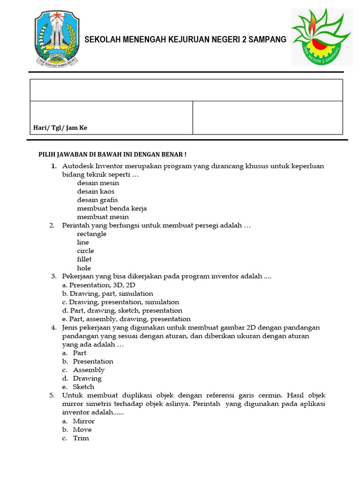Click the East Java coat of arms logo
coord(57,39)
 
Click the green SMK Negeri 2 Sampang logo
coord(320,37)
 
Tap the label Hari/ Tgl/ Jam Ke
coord(60,127)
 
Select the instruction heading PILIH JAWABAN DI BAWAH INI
coord(112,154)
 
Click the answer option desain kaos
coord(96,191)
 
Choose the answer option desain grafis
coord(97,200)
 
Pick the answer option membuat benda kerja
coord(112,208)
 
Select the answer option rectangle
coord(92,234)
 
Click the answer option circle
coord(85,251)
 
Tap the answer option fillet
coord(84,259)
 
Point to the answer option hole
coord(84,268)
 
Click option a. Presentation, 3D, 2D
coord(99,285)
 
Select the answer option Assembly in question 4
coord(89,370)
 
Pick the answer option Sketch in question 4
coord(83,387)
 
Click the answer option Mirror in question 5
coord(83,421)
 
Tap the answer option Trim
coord(81,438)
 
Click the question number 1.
coord(54,166)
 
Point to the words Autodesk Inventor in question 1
coord(92,166)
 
